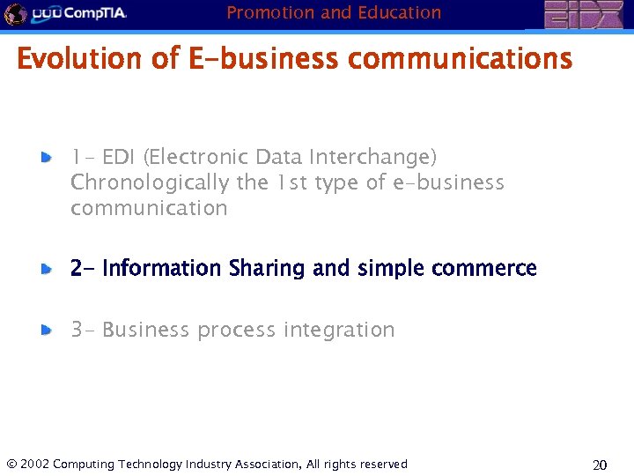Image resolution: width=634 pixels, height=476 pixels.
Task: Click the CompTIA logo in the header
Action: tap(79, 14)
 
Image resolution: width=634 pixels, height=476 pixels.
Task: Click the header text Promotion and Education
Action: tap(334, 12)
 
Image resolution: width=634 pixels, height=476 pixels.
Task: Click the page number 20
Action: tap(600, 465)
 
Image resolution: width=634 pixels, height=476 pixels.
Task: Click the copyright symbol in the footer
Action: tap(11, 464)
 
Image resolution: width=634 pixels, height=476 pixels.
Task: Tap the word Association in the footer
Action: tap(264, 464)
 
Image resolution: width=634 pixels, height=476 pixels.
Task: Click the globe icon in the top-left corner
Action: tap(14, 14)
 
